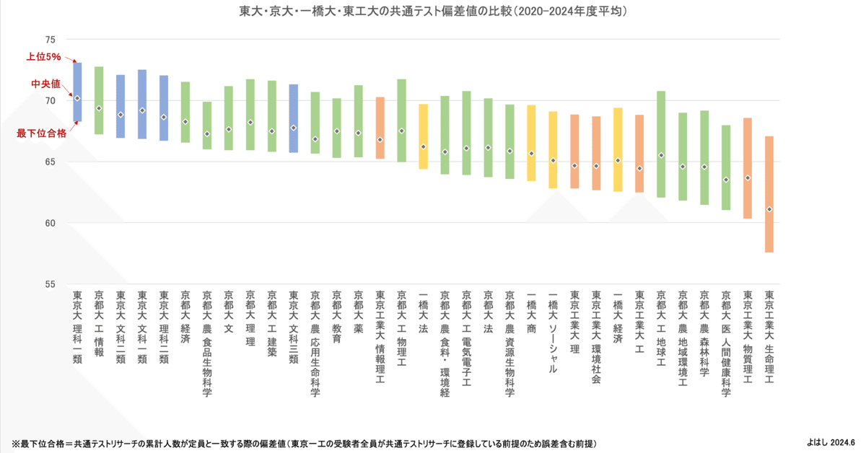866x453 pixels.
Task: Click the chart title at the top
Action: [x=433, y=12]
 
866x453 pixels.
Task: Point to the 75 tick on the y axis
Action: [x=51, y=40]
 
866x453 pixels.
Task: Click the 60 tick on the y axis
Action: [x=51, y=223]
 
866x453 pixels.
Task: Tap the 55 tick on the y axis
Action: [x=51, y=284]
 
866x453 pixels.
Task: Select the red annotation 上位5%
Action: [x=44, y=56]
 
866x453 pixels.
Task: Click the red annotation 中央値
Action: [x=45, y=84]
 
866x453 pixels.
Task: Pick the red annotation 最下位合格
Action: [x=42, y=133]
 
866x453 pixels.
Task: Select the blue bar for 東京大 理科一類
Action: [x=77, y=92]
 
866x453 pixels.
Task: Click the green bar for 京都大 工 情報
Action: [x=99, y=100]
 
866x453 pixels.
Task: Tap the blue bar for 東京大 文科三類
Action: [x=294, y=118]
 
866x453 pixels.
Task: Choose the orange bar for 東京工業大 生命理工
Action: [x=769, y=194]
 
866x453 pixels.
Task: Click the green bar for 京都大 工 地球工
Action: [x=661, y=144]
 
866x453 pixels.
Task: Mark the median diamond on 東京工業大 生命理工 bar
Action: [x=769, y=209]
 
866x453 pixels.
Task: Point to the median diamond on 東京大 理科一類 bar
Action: [x=77, y=98]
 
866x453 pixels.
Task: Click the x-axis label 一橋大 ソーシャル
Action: [x=553, y=332]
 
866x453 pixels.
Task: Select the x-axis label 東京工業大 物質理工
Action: [x=748, y=336]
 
